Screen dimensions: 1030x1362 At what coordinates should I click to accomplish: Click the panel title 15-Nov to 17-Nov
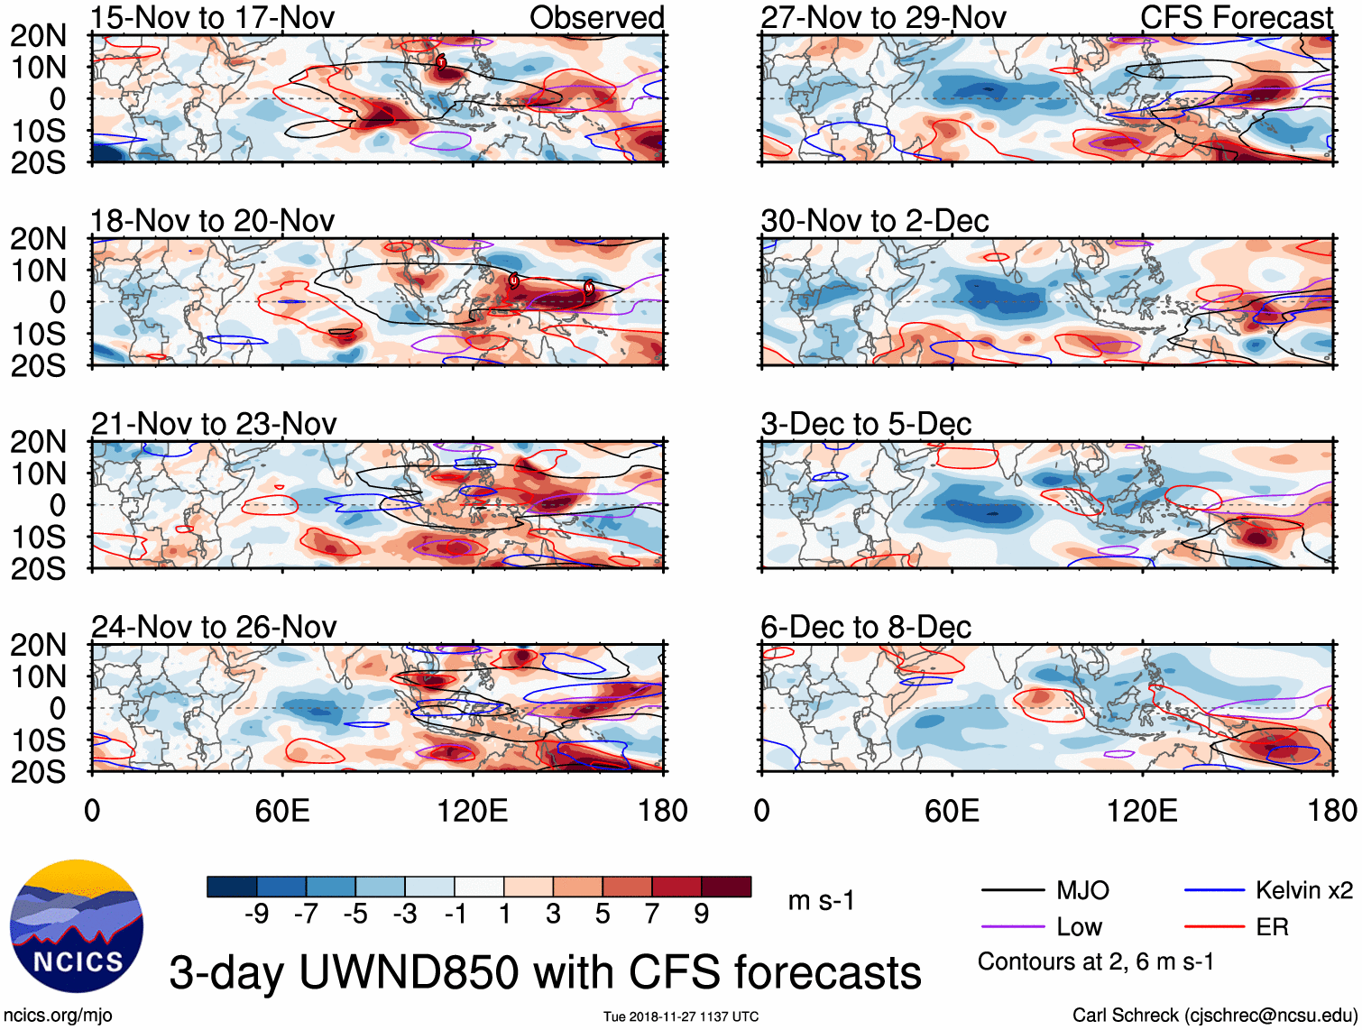point(213,17)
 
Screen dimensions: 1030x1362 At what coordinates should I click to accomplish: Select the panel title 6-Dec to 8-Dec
point(866,627)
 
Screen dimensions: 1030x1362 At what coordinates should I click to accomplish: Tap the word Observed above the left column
point(596,17)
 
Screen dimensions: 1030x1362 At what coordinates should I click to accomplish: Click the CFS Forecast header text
point(1237,17)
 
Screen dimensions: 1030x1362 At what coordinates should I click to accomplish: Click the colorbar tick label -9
point(256,915)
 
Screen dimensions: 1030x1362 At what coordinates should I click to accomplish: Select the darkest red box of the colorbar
point(726,887)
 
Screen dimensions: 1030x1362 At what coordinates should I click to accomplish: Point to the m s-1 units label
point(821,900)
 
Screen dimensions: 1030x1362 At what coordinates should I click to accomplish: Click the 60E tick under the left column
point(282,811)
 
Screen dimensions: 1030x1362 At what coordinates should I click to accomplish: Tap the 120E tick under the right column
point(1142,811)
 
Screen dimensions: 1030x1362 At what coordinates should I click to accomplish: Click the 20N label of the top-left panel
point(38,36)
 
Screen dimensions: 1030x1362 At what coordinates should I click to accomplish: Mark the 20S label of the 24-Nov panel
point(38,772)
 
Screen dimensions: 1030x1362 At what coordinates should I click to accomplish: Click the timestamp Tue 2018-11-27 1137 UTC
point(681,1016)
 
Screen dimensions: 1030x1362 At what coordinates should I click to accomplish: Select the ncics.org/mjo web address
point(58,1016)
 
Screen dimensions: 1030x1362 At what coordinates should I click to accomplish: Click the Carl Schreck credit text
point(1214,1016)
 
